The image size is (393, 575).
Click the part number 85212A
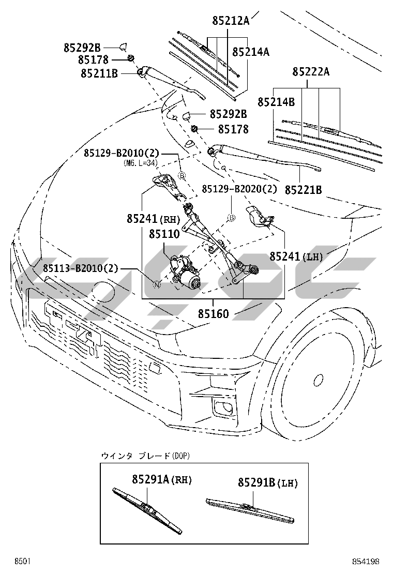click(x=231, y=21)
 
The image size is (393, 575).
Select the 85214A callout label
click(x=251, y=52)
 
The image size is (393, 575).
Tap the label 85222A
click(x=311, y=72)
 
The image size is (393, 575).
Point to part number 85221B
click(x=304, y=190)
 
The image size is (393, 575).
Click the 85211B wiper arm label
click(x=99, y=73)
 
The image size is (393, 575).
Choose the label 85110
click(x=164, y=234)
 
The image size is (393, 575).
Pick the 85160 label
click(x=213, y=313)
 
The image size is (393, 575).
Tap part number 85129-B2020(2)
click(x=239, y=189)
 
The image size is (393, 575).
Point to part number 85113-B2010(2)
click(x=81, y=268)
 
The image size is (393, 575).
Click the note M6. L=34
click(x=140, y=163)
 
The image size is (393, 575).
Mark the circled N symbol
click(x=157, y=284)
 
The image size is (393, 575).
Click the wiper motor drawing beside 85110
click(x=186, y=273)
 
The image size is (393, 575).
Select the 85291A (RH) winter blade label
click(x=161, y=480)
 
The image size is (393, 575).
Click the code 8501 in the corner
click(x=23, y=561)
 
